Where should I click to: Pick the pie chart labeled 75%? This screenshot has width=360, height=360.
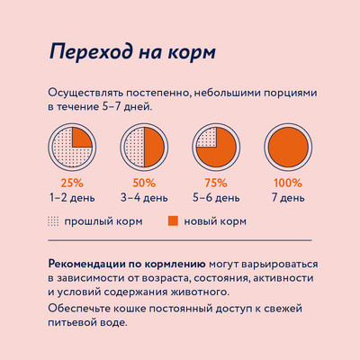click(217, 147)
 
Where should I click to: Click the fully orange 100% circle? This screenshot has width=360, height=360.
click(288, 147)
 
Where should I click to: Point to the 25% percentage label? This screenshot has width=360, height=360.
click(70, 183)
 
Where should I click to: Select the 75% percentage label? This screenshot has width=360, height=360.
click(217, 183)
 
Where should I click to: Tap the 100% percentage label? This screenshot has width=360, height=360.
click(288, 183)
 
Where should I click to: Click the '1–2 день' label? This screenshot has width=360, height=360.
click(70, 196)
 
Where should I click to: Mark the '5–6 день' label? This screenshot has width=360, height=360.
click(217, 196)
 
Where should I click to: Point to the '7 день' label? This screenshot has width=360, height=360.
click(288, 196)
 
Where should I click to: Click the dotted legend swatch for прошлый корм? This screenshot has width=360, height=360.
click(53, 220)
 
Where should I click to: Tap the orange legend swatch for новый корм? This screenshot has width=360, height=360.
click(173, 220)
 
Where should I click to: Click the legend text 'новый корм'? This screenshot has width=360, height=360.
click(215, 220)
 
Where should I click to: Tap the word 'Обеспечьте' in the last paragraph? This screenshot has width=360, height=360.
click(84, 310)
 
